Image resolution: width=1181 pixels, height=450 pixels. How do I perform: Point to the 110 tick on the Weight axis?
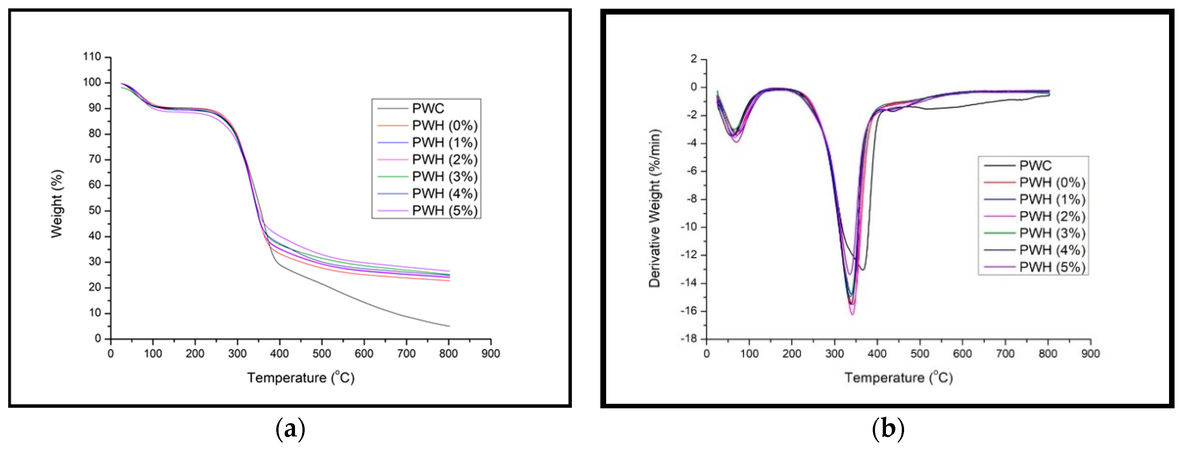click(92, 57)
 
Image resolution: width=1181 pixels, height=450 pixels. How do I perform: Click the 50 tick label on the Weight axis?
click(95, 211)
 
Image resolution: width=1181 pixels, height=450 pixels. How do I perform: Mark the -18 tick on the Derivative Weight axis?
click(688, 339)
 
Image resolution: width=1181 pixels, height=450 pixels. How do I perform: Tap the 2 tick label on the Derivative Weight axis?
click(694, 59)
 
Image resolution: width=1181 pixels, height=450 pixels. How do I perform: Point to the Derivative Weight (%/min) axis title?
click(654, 208)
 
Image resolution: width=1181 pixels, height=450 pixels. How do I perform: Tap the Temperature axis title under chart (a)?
click(301, 378)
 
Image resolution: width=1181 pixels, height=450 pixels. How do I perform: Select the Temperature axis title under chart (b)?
click(899, 378)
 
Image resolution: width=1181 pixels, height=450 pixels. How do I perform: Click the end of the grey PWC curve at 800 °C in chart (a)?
click(449, 326)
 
